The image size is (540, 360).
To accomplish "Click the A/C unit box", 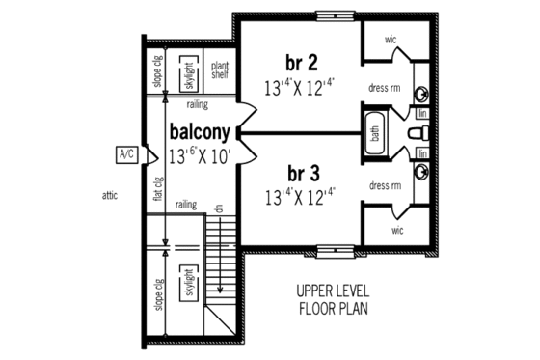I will (124, 153).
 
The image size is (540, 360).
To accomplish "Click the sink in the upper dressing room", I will (422, 94).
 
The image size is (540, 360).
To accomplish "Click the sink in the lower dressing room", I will (422, 171).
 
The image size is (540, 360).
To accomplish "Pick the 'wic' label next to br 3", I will (397, 230).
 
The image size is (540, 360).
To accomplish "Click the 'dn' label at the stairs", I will (219, 209).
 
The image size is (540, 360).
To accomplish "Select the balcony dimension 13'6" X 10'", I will (199, 154).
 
